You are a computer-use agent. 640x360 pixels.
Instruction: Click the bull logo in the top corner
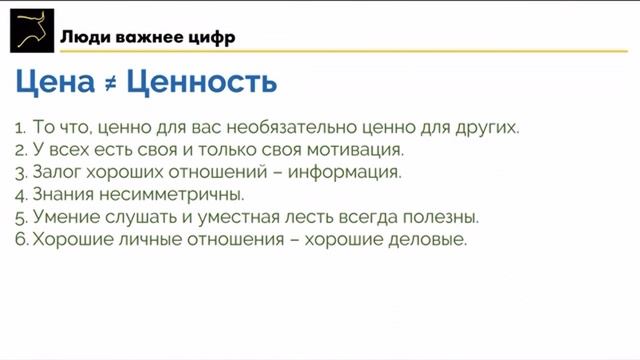29,30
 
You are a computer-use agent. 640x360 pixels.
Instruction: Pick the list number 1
20,129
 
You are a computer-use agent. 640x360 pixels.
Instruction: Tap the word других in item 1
485,128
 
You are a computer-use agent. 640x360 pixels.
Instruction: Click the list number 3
20,173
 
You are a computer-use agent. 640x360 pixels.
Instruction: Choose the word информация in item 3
343,172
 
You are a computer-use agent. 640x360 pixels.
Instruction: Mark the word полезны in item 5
442,216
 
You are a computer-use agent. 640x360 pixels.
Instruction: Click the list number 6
20,239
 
